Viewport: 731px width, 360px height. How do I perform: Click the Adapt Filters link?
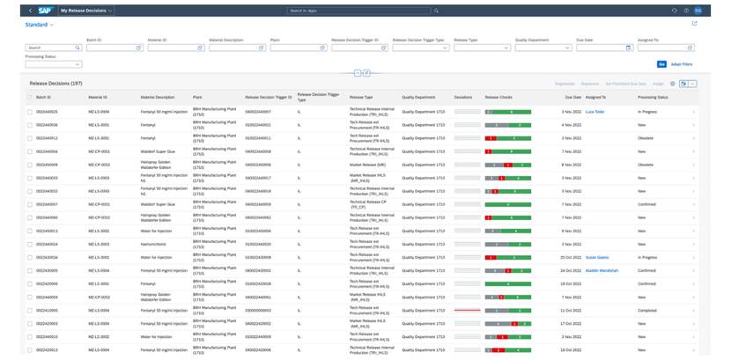[682, 64]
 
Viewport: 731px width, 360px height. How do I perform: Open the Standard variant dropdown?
[39, 25]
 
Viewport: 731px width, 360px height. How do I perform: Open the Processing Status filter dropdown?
[53, 64]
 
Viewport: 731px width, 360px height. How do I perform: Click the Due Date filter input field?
[600, 48]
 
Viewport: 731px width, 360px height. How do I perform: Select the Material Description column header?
[158, 97]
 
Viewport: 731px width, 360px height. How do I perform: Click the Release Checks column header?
[498, 97]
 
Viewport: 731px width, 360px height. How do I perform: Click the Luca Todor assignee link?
[594, 112]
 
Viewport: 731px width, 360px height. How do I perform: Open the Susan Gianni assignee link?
[597, 257]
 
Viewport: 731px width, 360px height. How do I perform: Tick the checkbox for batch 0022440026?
[30, 112]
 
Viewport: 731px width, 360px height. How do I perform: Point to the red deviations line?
[467, 310]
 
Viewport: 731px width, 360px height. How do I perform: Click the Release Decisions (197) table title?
[55, 83]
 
